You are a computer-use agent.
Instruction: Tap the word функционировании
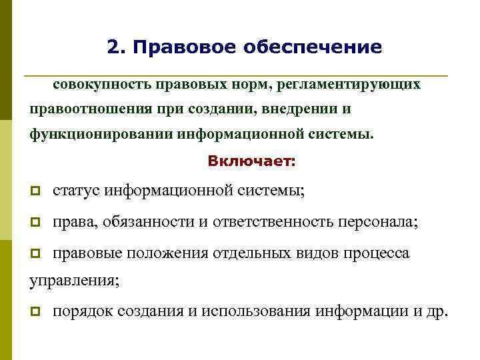coord(101,133)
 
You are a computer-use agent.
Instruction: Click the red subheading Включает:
coord(252,161)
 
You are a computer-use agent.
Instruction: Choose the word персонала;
coord(379,222)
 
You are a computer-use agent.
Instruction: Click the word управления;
coord(75,281)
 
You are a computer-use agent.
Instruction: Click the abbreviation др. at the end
coord(437,311)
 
